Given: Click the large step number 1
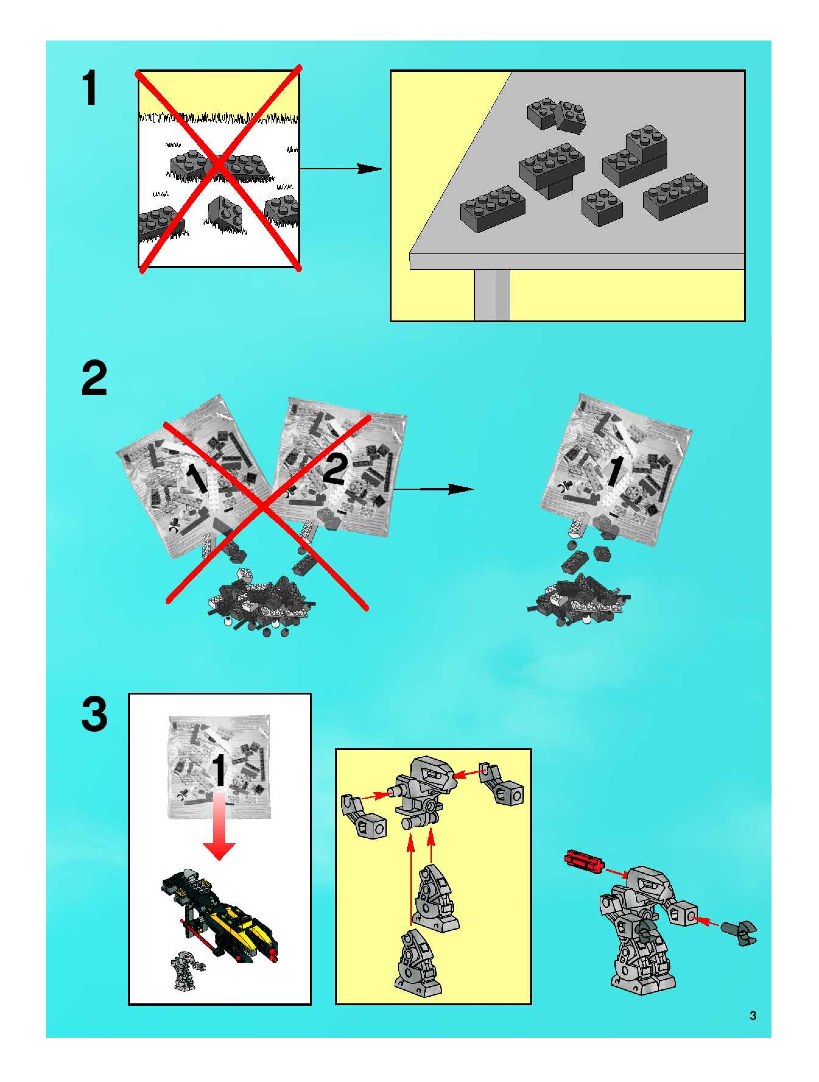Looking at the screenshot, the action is (90, 88).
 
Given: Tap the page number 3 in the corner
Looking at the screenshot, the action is (753, 1016).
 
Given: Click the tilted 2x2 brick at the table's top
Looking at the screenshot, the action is (571, 117).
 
